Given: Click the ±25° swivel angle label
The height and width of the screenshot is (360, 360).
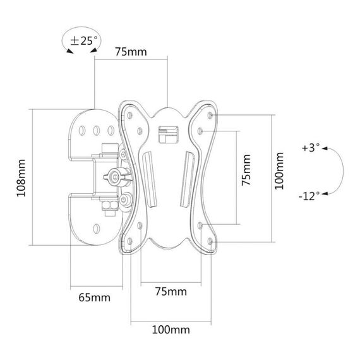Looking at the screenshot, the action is pyautogui.click(x=84, y=40).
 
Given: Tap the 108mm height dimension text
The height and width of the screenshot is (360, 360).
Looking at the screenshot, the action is pyautogui.click(x=21, y=178).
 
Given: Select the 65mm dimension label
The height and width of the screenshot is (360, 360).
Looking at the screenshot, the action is pyautogui.click(x=94, y=297).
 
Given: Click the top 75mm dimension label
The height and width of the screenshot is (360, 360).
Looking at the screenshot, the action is pyautogui.click(x=131, y=52).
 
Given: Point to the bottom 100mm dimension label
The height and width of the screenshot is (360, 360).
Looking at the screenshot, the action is pyautogui.click(x=171, y=330).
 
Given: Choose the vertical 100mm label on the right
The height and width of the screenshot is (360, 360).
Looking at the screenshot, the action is pyautogui.click(x=279, y=171).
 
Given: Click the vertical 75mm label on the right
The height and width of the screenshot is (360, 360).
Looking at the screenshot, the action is pyautogui.click(x=246, y=170).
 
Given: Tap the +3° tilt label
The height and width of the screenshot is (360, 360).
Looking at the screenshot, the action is pyautogui.click(x=311, y=148).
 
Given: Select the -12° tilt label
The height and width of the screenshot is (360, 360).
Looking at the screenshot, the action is pyautogui.click(x=309, y=196).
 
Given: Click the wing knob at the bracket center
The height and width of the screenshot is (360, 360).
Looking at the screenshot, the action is pyautogui.click(x=117, y=177).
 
